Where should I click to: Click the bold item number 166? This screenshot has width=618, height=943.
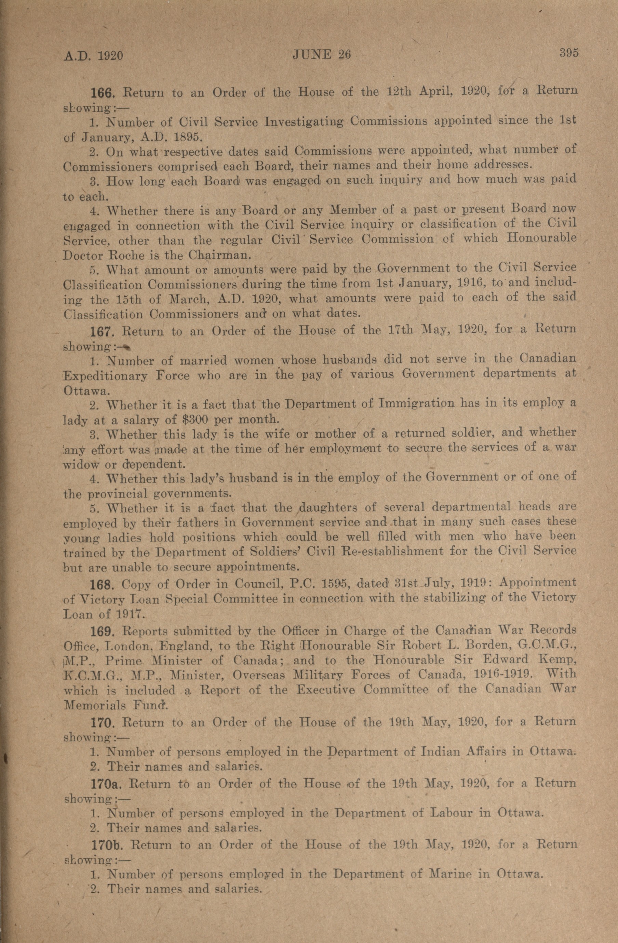[x=103, y=93]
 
